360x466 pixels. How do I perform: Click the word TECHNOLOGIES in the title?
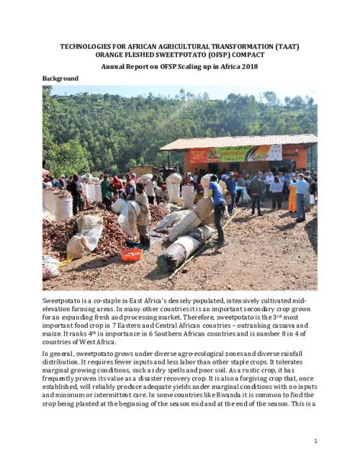[x=89, y=47]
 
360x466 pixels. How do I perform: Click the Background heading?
[x=60, y=79]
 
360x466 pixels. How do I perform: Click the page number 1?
[x=315, y=441]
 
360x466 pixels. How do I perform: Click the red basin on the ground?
[x=131, y=254]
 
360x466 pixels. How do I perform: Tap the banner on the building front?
[x=235, y=153]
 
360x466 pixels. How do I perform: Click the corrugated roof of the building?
[x=238, y=141]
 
